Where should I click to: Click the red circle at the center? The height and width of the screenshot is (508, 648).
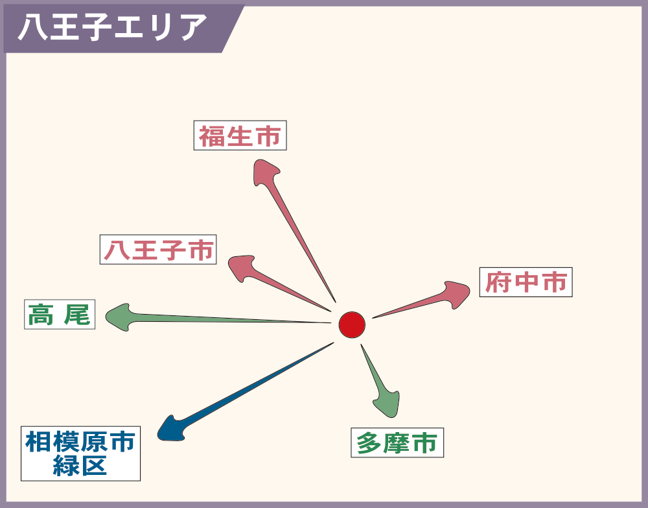[x=352, y=325]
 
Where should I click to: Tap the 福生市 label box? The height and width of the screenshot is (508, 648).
[x=240, y=136]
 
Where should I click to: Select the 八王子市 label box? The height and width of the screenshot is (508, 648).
[x=158, y=249]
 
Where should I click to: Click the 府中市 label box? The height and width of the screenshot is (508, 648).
[x=526, y=282]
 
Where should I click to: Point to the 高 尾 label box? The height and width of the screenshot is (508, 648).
[x=60, y=315]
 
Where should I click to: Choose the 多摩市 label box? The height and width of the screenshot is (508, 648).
[x=397, y=442]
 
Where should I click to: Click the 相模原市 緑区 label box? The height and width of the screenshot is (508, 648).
[x=80, y=454]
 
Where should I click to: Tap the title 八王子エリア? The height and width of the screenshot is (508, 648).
[x=112, y=27]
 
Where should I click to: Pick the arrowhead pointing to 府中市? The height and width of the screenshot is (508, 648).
[x=457, y=294]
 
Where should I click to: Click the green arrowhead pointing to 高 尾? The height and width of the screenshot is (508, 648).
[x=119, y=317]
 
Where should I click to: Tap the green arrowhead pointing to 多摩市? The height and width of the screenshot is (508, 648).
[x=388, y=404]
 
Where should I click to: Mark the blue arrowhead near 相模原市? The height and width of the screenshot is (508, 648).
[x=171, y=429]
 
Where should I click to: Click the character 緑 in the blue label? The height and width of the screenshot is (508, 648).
[x=66, y=466]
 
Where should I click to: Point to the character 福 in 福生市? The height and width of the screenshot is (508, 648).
[x=212, y=136]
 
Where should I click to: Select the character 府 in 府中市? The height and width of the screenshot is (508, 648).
[x=498, y=282]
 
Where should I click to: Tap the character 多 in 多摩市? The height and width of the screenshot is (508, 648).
[x=369, y=443]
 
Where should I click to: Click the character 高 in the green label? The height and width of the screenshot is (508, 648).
[x=40, y=315]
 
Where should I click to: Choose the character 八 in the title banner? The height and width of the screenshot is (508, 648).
[x=32, y=27]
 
